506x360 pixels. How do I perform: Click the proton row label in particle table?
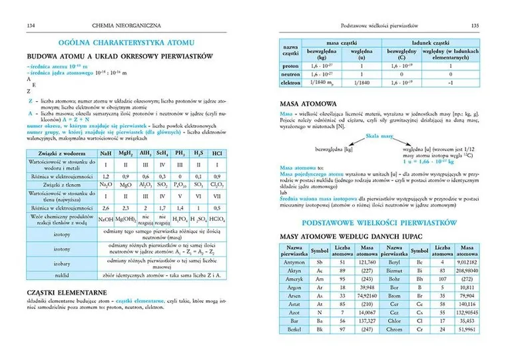(x=290, y=67)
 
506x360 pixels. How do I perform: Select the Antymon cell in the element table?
(x=294, y=262)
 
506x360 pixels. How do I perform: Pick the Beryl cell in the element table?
(x=391, y=262)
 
